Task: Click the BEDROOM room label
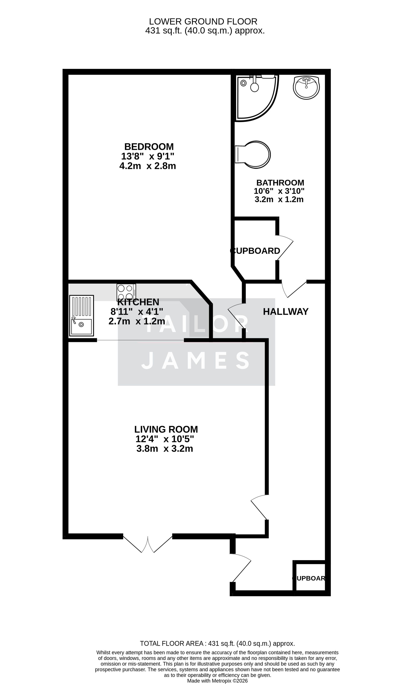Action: (x=149, y=147)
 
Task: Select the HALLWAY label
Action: (x=286, y=312)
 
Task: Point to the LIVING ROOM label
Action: (x=166, y=429)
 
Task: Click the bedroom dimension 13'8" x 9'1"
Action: (x=148, y=156)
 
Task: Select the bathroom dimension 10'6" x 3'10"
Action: (x=279, y=191)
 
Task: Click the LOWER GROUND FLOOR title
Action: (x=203, y=21)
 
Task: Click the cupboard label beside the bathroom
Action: (x=255, y=251)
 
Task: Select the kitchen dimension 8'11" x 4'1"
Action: (x=137, y=312)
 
